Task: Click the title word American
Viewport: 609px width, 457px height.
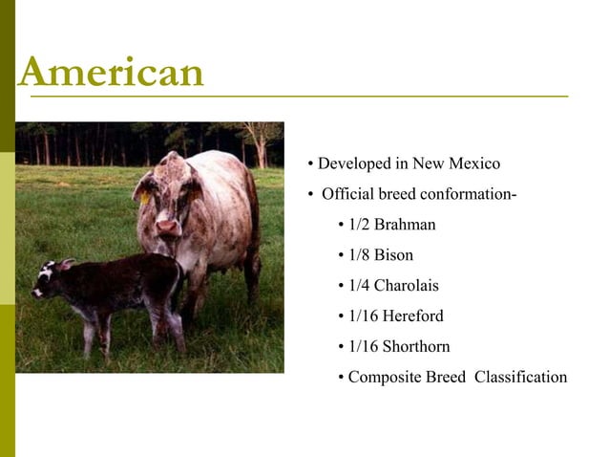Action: pos(111,73)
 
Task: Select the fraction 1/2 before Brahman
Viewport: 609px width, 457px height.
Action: pos(359,225)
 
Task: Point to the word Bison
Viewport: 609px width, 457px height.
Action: pos(394,255)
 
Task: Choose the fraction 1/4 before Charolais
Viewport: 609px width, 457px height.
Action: pos(359,285)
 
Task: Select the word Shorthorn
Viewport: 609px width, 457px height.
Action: pos(415,346)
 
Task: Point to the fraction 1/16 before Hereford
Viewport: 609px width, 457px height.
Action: pos(363,316)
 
